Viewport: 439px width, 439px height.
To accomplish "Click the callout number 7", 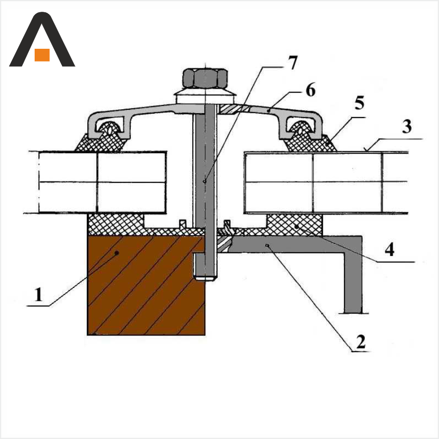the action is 292,63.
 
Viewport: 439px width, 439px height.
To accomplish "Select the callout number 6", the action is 311,90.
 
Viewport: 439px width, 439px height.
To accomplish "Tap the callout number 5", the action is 359,102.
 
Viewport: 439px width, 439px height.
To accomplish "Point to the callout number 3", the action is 407,126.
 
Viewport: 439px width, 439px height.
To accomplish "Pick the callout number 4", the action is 389,249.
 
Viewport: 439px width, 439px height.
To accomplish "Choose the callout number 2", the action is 361,341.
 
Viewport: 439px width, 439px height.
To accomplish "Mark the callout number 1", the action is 39,295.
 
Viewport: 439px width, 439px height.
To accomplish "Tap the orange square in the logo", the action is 42,55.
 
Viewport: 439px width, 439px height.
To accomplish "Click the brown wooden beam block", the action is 146,285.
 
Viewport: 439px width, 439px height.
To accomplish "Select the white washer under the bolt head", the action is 205,97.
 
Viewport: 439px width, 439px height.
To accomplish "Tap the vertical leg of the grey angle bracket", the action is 353,283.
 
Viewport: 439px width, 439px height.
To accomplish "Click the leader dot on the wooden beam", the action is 117,253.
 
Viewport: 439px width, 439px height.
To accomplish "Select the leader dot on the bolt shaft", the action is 205,181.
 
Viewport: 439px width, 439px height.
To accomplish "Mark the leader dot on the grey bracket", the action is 267,245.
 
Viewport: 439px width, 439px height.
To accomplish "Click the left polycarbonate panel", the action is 102,182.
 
